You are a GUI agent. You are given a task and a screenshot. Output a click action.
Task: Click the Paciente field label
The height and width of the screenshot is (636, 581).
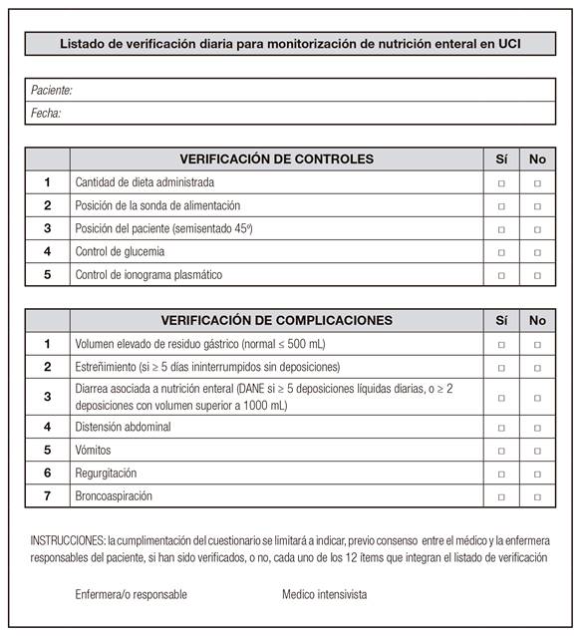pyautogui.click(x=52, y=91)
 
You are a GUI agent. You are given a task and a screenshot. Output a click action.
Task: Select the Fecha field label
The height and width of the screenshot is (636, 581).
pyautogui.click(x=46, y=114)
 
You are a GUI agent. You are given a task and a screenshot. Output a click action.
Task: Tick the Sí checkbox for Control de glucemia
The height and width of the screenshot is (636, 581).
pyautogui.click(x=501, y=252)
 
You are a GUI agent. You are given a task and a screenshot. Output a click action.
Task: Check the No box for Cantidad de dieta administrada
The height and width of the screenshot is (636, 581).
pyautogui.click(x=537, y=183)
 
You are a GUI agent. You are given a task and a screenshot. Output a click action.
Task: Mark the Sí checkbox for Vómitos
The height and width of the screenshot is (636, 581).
pyautogui.click(x=501, y=451)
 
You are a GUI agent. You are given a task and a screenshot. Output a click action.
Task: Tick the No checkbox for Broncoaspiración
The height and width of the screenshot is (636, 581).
pyautogui.click(x=537, y=496)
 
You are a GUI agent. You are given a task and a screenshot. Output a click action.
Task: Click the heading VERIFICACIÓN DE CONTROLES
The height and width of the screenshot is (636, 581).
pyautogui.click(x=276, y=159)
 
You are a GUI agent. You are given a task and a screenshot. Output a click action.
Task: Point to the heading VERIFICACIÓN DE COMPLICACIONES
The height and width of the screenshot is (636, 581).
pyautogui.click(x=276, y=321)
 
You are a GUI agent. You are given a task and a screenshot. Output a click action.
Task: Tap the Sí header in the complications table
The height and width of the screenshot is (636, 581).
pyautogui.click(x=501, y=321)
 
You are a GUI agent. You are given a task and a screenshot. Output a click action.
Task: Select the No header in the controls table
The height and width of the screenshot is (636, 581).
pyautogui.click(x=537, y=159)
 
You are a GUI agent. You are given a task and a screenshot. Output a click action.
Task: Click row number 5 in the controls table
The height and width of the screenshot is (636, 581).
pyautogui.click(x=47, y=275)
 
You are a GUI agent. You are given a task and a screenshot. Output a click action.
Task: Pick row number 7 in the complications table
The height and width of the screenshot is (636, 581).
pyautogui.click(x=47, y=496)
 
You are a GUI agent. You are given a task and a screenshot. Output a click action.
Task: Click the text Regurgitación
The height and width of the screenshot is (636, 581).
pyautogui.click(x=107, y=474)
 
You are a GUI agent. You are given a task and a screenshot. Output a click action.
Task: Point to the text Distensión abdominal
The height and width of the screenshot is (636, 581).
pyautogui.click(x=124, y=428)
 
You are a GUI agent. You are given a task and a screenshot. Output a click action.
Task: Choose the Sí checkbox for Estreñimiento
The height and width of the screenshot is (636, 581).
pyautogui.click(x=501, y=368)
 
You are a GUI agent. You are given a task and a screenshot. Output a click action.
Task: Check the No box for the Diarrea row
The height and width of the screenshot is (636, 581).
pyautogui.click(x=537, y=397)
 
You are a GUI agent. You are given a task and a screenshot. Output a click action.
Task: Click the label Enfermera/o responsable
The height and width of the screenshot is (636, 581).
pyautogui.click(x=131, y=595)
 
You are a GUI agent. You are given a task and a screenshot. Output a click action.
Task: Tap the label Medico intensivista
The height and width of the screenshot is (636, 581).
pyautogui.click(x=324, y=595)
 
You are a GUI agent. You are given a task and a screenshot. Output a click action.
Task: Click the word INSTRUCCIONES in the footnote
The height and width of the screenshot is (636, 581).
pyautogui.click(x=67, y=539)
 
